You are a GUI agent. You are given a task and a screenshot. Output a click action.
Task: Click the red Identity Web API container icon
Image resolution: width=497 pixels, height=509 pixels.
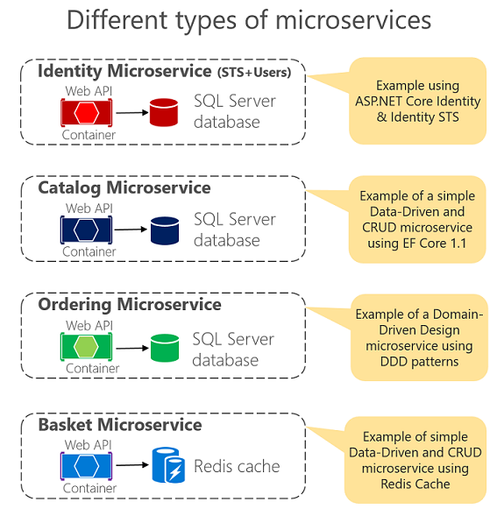[x=87, y=113]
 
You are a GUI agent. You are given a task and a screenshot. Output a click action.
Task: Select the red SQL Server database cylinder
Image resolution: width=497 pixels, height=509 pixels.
[x=164, y=112]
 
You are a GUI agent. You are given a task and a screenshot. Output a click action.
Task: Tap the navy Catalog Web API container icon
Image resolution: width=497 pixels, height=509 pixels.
[x=86, y=230]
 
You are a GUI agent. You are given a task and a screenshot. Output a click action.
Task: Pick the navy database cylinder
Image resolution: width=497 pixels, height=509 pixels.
[x=165, y=230]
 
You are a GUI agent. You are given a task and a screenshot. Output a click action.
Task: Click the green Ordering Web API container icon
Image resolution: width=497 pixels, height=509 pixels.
[x=86, y=346]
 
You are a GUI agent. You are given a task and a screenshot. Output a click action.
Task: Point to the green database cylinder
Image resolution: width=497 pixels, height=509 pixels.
[x=165, y=348]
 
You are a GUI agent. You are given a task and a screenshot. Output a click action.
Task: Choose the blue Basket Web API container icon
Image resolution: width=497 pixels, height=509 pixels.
[x=86, y=466]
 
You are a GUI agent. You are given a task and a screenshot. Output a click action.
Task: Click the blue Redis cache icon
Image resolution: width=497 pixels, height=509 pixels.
[x=168, y=465]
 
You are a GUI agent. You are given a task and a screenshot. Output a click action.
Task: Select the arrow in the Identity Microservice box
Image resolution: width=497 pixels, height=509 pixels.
[x=132, y=113]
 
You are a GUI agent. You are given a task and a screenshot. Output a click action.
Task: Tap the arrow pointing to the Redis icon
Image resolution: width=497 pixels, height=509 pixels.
[x=132, y=465]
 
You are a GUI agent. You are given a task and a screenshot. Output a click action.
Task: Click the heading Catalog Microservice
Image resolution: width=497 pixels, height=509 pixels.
[x=124, y=188]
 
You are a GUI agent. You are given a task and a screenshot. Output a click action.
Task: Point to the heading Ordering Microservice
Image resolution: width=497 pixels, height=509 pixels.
[x=130, y=305]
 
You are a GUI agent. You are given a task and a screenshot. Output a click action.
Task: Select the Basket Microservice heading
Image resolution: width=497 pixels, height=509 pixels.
[x=120, y=425]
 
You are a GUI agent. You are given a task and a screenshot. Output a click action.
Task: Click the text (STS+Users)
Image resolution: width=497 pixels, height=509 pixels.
[x=254, y=73]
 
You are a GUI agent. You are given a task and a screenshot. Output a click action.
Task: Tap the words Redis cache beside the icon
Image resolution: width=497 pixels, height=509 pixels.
[x=237, y=466]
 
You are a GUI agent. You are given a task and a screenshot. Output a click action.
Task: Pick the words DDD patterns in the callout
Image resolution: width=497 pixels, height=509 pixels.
[x=419, y=361]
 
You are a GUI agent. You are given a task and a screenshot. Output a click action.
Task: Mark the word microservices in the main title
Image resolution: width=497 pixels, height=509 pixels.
[x=353, y=20]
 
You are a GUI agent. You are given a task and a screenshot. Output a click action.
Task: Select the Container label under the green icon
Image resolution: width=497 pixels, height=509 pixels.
[x=93, y=369]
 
